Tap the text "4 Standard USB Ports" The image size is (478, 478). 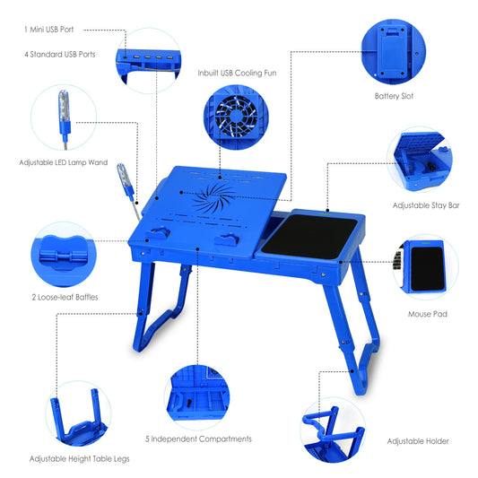click(x=60, y=54)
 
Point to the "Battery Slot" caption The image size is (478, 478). click(x=394, y=96)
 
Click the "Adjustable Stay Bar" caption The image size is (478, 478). click(x=426, y=205)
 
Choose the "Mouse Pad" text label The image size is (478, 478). click(x=427, y=314)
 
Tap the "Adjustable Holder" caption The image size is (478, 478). click(x=418, y=441)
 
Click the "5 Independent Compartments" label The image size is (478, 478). click(x=198, y=439)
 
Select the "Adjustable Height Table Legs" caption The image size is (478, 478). click(x=79, y=458)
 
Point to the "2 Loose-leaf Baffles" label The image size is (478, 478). click(x=65, y=296)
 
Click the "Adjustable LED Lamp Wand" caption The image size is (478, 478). click(x=64, y=162)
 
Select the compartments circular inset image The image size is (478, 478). click(x=198, y=393)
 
